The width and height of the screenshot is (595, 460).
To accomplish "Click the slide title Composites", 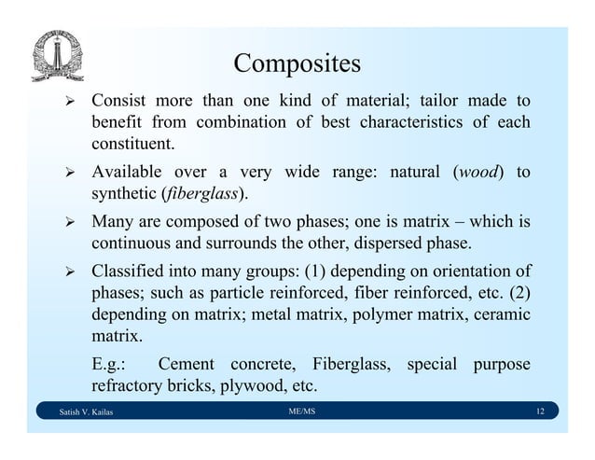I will point(297,63).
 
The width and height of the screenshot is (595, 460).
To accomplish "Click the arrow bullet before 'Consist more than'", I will point(65,101).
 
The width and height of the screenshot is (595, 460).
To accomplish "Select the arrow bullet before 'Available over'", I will point(65,174).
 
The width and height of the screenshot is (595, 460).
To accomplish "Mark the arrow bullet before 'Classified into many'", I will point(65,272).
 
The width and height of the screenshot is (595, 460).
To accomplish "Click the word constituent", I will point(131,145).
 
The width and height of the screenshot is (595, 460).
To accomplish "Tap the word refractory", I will point(125,384).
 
